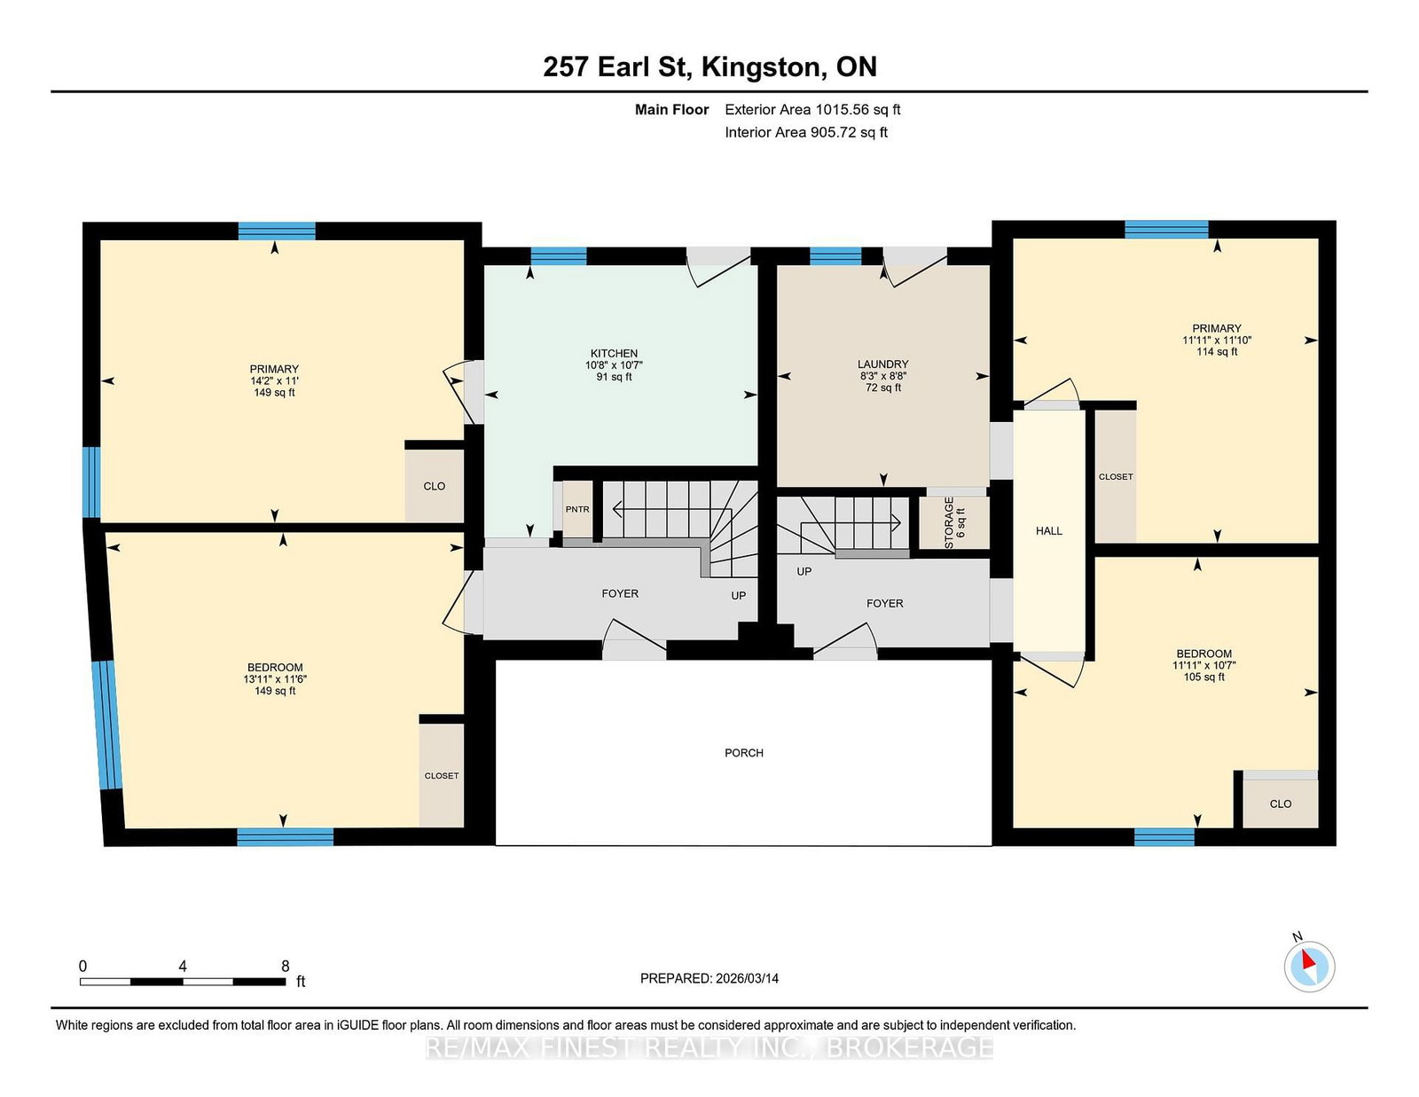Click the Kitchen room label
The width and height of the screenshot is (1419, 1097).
614,353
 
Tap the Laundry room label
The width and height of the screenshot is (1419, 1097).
882,364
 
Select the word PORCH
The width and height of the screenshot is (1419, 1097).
744,753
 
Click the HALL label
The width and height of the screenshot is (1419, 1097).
1049,531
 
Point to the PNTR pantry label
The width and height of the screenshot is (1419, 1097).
577,509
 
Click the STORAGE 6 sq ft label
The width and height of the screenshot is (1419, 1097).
954,522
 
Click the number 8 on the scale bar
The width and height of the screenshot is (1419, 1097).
286,966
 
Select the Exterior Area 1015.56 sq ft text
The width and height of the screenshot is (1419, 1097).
812,110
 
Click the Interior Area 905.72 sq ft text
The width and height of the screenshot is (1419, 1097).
806,132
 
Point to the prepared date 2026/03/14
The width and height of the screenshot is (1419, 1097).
747,979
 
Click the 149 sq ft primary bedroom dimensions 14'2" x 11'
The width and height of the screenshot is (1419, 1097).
274,380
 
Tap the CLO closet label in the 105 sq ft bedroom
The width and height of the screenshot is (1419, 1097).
1281,803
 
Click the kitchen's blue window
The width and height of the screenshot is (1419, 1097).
559,256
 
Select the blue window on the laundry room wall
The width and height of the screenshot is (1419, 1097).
835,256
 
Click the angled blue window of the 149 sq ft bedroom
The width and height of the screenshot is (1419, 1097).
107,725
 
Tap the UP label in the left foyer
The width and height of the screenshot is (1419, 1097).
738,596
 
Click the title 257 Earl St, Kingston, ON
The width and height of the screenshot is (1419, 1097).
709,67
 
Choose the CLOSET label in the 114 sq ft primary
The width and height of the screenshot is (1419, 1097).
1116,477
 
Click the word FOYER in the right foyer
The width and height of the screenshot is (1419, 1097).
885,603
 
